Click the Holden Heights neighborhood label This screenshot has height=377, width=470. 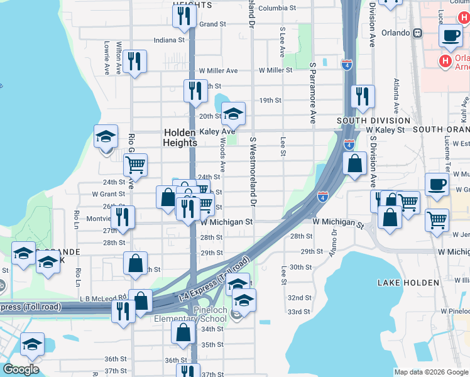pos(180,138)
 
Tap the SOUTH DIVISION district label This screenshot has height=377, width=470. pos(373,120)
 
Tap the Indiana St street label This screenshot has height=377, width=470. pos(169,40)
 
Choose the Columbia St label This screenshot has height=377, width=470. pos(276,8)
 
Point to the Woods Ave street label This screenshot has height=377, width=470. pos(223,157)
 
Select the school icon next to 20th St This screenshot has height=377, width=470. pos(233,114)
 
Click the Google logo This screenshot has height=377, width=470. pos(20,369)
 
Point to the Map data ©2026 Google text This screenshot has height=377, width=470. pos(431,372)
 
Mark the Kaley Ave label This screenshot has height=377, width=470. pos(214,132)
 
